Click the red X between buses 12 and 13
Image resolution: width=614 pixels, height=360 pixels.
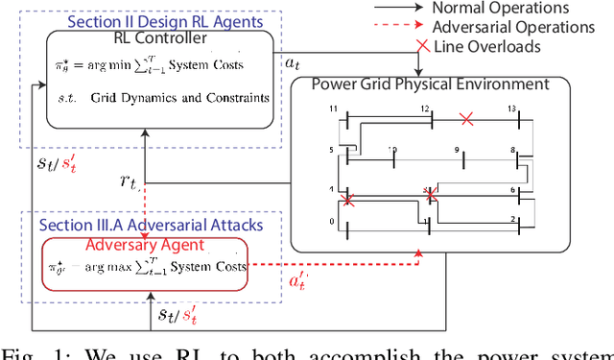point(466,119)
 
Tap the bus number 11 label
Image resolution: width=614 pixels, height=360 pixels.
point(332,111)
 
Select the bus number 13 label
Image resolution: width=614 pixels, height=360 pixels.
point(512,109)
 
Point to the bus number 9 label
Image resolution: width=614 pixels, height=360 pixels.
point(458,150)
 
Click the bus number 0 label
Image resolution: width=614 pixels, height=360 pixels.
point(332,221)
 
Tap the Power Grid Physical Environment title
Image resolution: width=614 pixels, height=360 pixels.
point(430,84)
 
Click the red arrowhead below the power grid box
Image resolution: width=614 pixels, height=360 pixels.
point(418,254)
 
